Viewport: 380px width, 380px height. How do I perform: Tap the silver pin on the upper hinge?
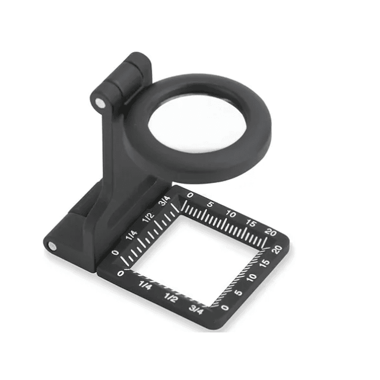(x=100, y=103)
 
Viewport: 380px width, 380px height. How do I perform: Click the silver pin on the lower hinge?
(x=52, y=246)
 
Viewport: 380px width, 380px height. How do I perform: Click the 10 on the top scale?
(x=231, y=214)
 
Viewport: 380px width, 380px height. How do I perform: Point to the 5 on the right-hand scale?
(x=239, y=292)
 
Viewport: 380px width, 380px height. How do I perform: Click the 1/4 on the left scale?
(x=132, y=234)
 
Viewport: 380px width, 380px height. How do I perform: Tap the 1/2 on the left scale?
(x=148, y=217)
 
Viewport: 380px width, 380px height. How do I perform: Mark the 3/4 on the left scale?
(x=164, y=201)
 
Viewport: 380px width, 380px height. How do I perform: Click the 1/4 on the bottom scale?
(x=144, y=286)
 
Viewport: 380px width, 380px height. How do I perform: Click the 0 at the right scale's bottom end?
(x=226, y=307)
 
